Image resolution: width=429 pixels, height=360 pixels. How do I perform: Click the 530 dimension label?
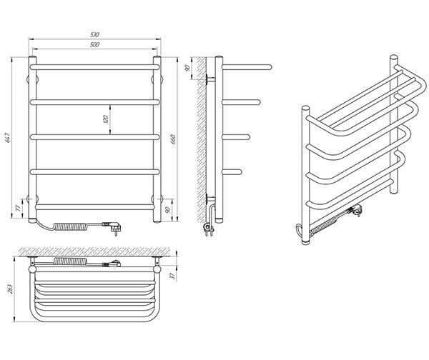pyautogui.click(x=94, y=33)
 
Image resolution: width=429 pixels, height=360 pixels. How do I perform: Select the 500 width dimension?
pyautogui.click(x=94, y=44)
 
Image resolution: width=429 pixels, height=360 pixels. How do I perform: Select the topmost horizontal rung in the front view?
pyautogui.click(x=94, y=66)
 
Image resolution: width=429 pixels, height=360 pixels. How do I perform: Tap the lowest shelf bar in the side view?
pyautogui.click(x=236, y=170)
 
